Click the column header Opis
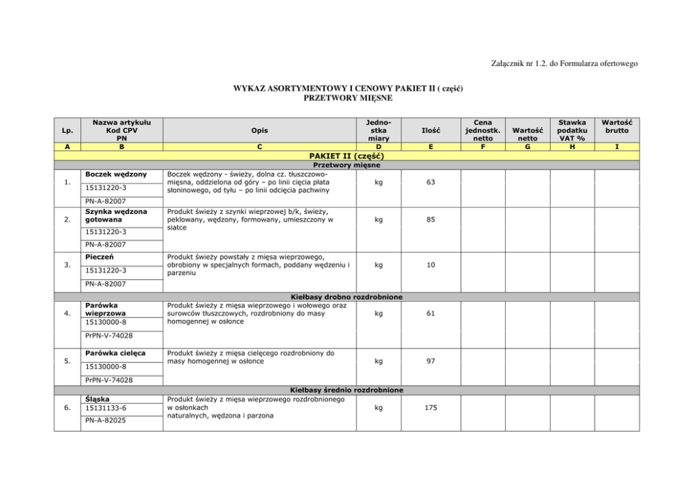pyautogui.click(x=259, y=130)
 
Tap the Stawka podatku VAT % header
pyautogui.click(x=571, y=130)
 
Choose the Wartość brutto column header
pyautogui.click(x=615, y=126)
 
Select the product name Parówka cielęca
pyautogui.click(x=114, y=352)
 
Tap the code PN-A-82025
pyautogui.click(x=105, y=421)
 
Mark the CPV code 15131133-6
pyautogui.click(x=105, y=408)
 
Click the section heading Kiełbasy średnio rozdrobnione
pyautogui.click(x=346, y=390)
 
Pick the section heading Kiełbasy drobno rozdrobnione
pyautogui.click(x=346, y=297)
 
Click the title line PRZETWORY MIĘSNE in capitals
pyautogui.click(x=347, y=98)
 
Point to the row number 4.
pyautogui.click(x=67, y=314)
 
